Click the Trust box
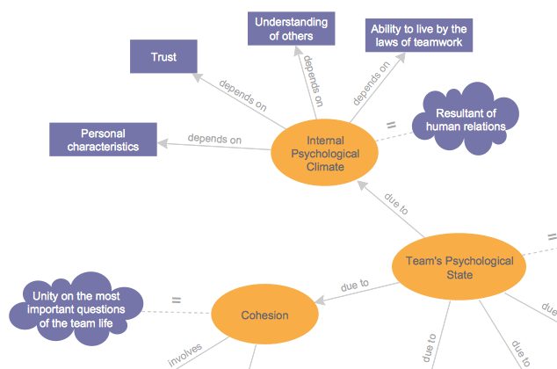pos(163,57)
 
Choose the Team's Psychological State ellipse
pos(458,268)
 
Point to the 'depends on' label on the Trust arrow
pos(242,97)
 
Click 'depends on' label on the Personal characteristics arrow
pos(214,139)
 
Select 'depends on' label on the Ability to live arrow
pos(372,81)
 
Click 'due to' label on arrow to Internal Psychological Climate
pos(396,209)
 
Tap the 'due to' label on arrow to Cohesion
pos(354,285)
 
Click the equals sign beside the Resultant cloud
pos(391,125)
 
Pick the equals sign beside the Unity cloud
pos(176,300)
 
